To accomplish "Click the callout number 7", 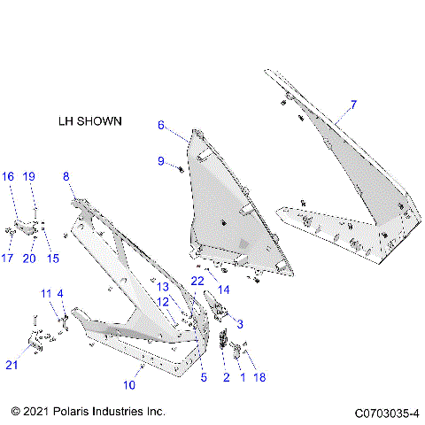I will coord(352,104).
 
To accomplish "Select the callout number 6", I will coord(161,126).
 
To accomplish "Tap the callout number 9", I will coord(161,160).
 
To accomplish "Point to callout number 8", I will coord(66,177).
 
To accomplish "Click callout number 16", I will coord(7,177).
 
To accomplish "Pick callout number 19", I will coord(28,177).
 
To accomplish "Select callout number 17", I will coord(8,259).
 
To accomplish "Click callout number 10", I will coord(129,385).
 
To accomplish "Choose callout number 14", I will coord(224,289).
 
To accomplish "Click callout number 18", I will coord(259,377).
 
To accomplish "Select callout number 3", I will coord(239,324).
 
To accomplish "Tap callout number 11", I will coord(44,293).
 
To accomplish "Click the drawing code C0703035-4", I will coord(387,413).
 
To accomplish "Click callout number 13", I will coord(163,287).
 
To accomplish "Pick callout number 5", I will coord(203,378).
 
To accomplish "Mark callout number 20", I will coord(28,259).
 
